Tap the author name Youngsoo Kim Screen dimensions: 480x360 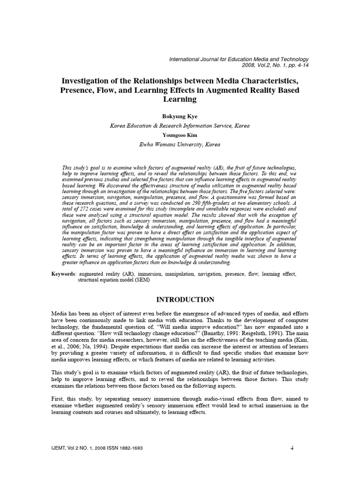(x=180, y=135)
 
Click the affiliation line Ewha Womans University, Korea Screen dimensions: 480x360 (x=180, y=145)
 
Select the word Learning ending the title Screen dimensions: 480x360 (x=180, y=99)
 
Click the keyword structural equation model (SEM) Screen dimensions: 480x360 (x=115, y=279)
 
